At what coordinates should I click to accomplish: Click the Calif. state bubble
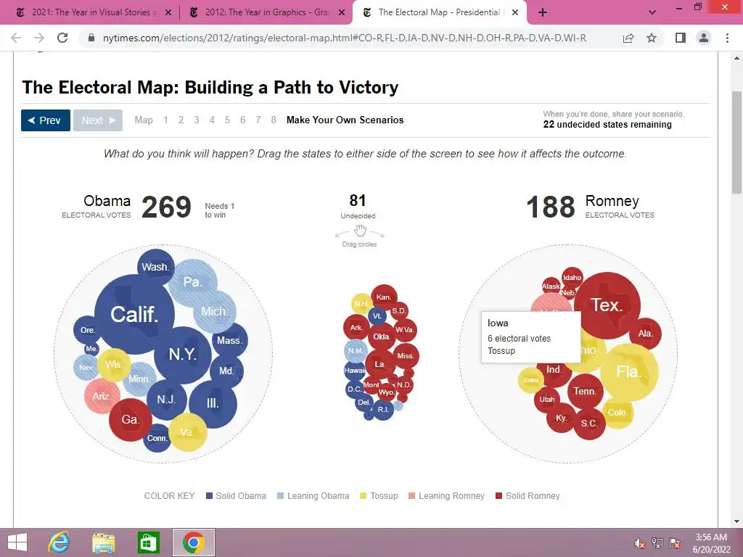[134, 314]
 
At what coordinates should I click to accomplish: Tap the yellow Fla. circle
[628, 371]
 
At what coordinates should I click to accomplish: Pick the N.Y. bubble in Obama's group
[183, 354]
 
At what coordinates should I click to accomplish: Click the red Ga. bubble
[131, 420]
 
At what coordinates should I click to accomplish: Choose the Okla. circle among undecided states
[382, 337]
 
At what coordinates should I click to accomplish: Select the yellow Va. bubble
[187, 432]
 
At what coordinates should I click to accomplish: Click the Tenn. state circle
[585, 392]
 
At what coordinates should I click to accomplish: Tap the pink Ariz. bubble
[102, 396]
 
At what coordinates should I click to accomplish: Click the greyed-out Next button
[98, 120]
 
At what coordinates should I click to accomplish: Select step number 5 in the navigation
[227, 120]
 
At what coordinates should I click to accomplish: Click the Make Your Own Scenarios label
[345, 120]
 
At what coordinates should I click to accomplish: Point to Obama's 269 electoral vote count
[166, 208]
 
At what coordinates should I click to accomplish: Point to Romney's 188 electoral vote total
[551, 208]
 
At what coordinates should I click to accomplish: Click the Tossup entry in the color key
[379, 496]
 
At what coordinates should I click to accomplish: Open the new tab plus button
[542, 12]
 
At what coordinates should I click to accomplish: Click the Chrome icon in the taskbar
[193, 542]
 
